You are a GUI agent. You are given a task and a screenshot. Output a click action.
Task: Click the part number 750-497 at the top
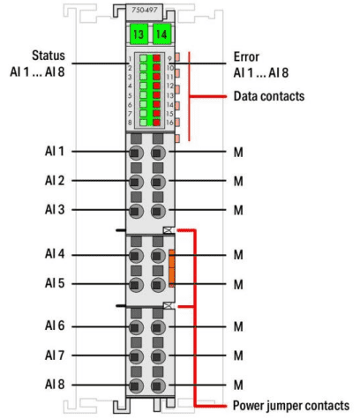click(145, 10)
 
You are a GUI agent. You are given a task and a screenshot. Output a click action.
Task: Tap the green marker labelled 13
click(139, 34)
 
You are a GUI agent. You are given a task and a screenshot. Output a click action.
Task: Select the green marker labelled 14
click(161, 34)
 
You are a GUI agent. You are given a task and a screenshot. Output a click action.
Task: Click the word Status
click(49, 56)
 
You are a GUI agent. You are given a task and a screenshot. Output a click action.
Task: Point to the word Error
click(246, 56)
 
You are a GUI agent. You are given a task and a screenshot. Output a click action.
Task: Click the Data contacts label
click(269, 96)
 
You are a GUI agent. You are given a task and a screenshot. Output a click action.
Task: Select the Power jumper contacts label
click(291, 406)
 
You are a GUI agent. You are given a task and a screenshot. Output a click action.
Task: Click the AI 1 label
click(55, 151)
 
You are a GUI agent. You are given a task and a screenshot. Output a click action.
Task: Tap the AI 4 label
click(55, 254)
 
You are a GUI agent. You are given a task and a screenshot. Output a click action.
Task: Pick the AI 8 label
click(55, 385)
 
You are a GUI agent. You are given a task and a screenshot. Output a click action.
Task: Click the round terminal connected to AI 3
click(136, 211)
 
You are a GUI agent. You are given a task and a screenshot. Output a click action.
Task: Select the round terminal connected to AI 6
click(136, 327)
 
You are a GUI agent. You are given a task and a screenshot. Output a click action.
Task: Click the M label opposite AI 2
click(238, 181)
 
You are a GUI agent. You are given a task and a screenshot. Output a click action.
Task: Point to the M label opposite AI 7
click(238, 355)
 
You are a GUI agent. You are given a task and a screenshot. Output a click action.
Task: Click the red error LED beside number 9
click(156, 58)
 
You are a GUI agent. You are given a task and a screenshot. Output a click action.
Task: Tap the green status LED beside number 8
click(143, 123)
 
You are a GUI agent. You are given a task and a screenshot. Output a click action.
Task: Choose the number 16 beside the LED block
click(169, 123)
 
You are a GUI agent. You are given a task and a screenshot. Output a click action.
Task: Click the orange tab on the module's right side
click(172, 268)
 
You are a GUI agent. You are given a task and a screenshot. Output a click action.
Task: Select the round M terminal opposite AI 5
click(158, 285)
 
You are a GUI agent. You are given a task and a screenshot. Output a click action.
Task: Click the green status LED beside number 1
click(143, 58)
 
